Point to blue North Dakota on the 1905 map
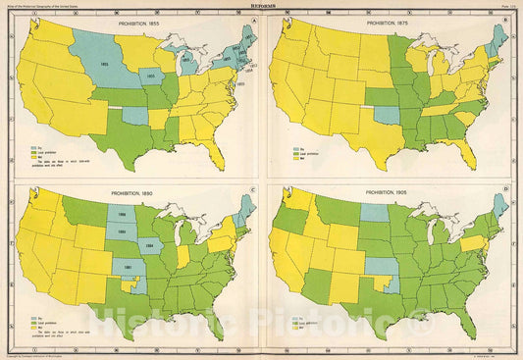[x=373, y=213]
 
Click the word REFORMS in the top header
[x=260, y=4]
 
